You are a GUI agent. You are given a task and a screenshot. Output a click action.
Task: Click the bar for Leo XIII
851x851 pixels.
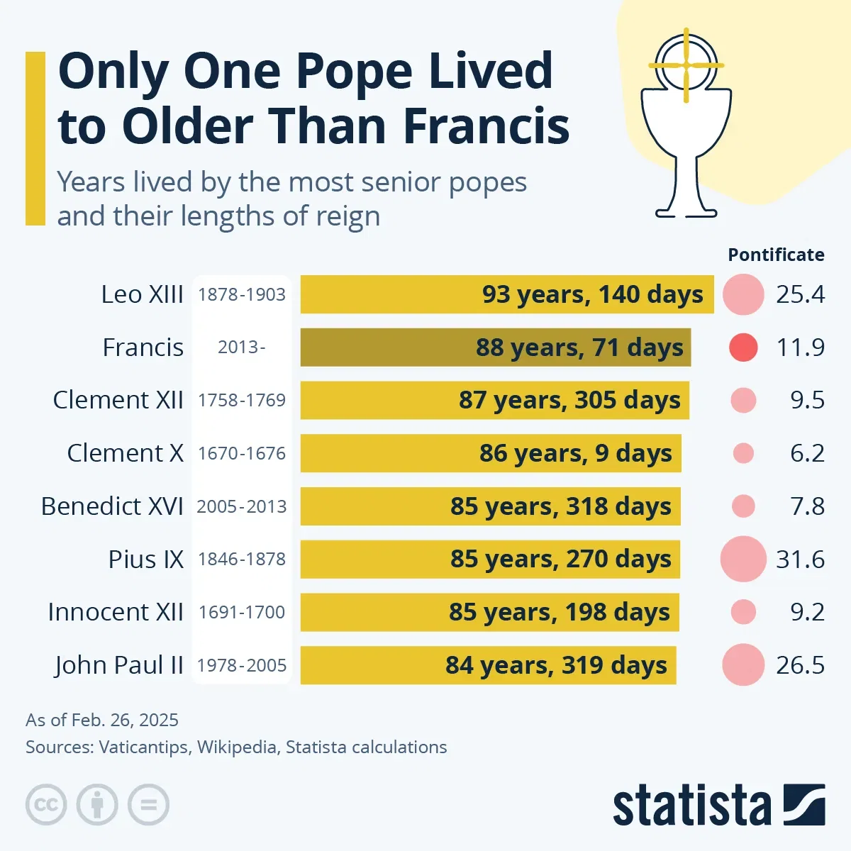pyautogui.click(x=506, y=294)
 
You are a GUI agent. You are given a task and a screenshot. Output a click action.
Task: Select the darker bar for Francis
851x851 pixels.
pyautogui.click(x=495, y=347)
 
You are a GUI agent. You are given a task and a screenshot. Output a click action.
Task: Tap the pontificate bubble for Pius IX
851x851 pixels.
pyautogui.click(x=743, y=559)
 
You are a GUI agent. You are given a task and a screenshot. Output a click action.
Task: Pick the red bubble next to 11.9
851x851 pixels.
pyautogui.click(x=743, y=347)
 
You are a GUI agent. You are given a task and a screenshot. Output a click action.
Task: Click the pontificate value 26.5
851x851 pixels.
pyautogui.click(x=800, y=665)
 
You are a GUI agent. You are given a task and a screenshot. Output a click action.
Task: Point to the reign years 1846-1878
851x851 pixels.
pyautogui.click(x=242, y=560)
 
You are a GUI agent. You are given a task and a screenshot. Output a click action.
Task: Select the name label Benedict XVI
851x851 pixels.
pyautogui.click(x=112, y=506)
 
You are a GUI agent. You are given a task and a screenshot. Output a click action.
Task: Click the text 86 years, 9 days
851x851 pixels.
pyautogui.click(x=575, y=453)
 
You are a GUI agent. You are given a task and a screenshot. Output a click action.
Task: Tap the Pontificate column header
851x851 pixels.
pyautogui.click(x=776, y=255)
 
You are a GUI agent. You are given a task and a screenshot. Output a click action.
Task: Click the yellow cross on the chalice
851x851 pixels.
pyautogui.click(x=686, y=65)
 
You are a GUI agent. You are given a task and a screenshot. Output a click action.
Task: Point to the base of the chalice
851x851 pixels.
pyautogui.click(x=685, y=211)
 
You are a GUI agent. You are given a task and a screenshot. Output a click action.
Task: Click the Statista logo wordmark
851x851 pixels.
pyautogui.click(x=691, y=806)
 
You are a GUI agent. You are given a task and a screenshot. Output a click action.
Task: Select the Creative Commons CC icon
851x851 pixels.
pyautogui.click(x=46, y=805)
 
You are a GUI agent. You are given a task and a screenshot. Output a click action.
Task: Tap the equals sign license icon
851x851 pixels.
pyautogui.click(x=149, y=805)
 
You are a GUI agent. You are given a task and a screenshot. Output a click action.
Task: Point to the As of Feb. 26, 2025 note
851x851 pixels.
pyautogui.click(x=102, y=721)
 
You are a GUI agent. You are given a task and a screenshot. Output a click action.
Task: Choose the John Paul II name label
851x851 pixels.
pyautogui.click(x=119, y=665)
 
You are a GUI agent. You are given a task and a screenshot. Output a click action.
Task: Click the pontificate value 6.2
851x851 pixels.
pyautogui.click(x=807, y=453)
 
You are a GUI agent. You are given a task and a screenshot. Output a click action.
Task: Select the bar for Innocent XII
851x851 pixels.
pyautogui.click(x=489, y=612)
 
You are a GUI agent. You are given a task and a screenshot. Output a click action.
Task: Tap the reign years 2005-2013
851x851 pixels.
pyautogui.click(x=242, y=506)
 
